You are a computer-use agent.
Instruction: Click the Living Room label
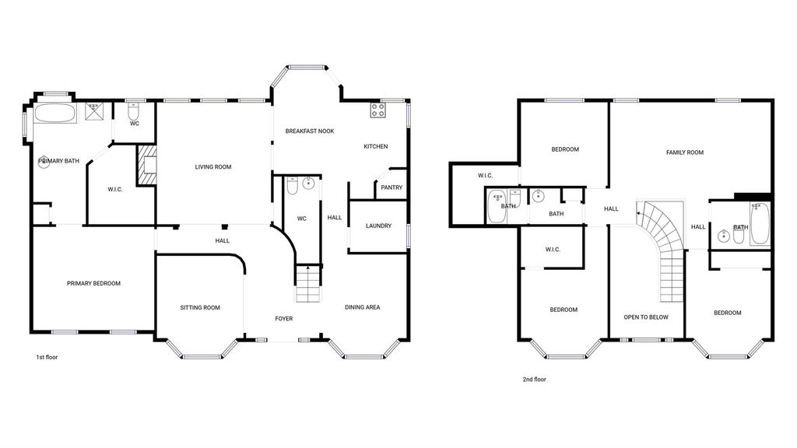213,166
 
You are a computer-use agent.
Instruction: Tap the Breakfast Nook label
310,131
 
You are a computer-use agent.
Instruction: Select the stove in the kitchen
377,110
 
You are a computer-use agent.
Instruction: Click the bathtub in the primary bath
55,114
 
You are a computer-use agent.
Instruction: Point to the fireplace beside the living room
146,165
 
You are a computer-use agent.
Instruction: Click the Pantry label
391,187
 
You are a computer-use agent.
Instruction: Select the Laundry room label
379,226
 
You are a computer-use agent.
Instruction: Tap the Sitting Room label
200,307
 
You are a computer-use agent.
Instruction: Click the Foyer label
283,318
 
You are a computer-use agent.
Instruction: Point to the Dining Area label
363,306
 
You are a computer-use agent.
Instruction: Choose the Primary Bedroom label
93,283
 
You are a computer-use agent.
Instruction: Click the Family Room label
685,152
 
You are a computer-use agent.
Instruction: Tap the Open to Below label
646,317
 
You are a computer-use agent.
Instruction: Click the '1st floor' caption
47,357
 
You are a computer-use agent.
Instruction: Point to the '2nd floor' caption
535,379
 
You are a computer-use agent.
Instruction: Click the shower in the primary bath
93,111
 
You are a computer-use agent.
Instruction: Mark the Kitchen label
376,146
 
